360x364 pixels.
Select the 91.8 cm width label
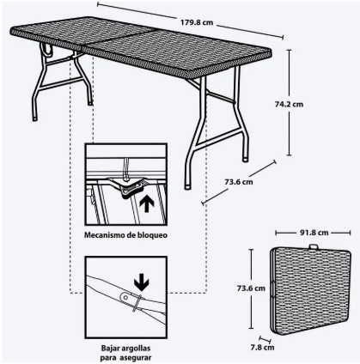(312, 231)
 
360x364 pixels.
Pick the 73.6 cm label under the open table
(238, 181)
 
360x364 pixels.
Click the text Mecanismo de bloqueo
(125, 234)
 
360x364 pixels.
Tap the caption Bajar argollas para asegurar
(126, 351)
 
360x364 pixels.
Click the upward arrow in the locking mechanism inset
(146, 204)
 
